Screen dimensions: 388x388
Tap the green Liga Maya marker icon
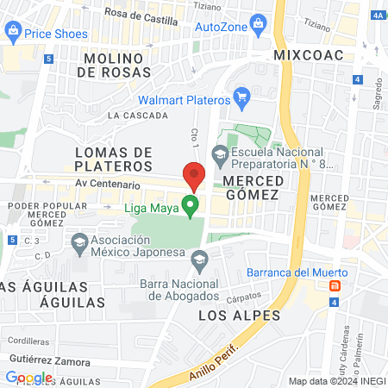coord(192,206)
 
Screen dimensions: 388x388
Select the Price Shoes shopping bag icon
coord(12,33)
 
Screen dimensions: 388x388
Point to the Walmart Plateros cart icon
coord(242,95)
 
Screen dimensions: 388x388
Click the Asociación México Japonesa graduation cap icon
coord(80,241)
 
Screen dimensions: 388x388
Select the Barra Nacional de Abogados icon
coord(199,257)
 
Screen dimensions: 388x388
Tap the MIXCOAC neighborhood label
coord(308,55)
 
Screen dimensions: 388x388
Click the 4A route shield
coord(378,15)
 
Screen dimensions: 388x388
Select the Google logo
coord(28,377)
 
